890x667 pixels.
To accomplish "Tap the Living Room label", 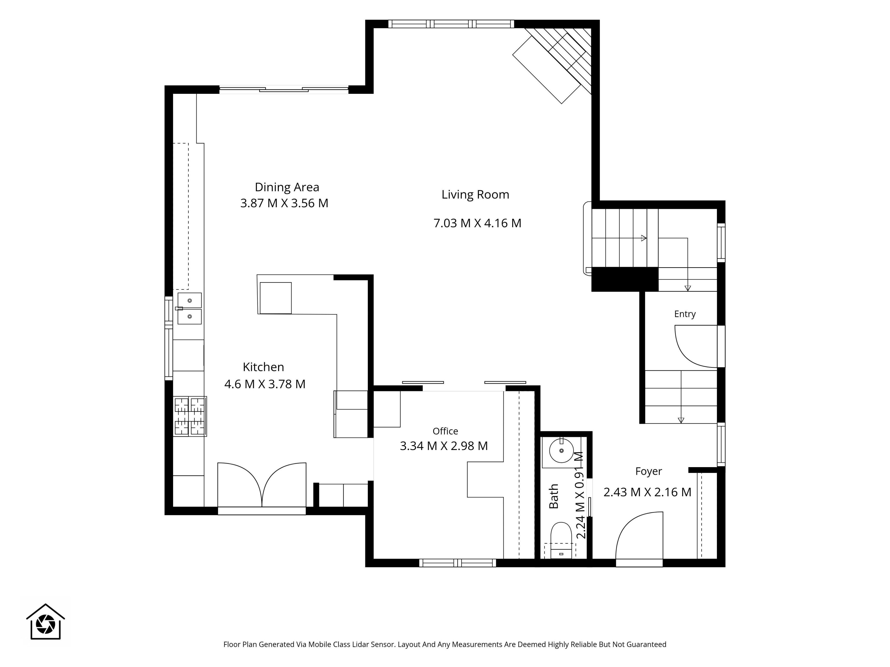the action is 475,195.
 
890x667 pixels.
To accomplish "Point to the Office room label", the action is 445,431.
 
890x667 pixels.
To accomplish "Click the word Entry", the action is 685,314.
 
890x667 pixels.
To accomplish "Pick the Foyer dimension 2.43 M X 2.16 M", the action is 647,492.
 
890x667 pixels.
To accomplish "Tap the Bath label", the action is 554,496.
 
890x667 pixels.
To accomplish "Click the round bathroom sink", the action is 561,451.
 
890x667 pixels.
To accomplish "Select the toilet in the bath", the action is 561,540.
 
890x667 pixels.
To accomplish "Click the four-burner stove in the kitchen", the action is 190,416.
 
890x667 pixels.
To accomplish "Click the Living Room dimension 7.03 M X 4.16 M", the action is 477,223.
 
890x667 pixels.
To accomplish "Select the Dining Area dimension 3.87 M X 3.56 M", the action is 284,203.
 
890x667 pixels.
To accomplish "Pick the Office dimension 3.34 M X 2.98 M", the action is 444,446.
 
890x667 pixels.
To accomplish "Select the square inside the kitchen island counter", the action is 276,298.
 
